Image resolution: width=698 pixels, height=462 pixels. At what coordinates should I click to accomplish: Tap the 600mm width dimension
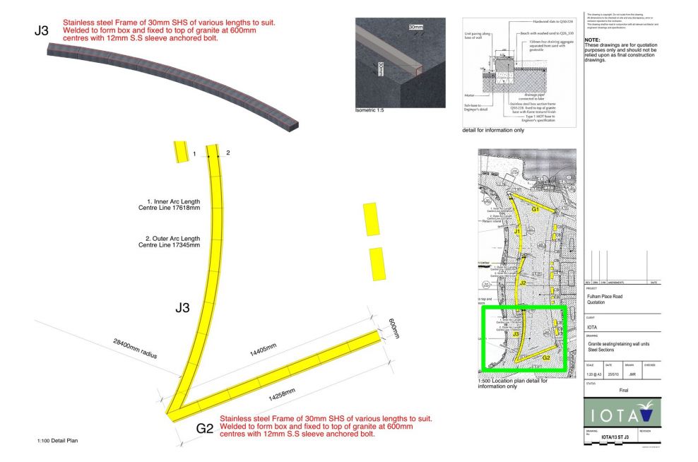(394, 327)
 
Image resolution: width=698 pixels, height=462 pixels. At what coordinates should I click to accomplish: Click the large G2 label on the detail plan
(205, 427)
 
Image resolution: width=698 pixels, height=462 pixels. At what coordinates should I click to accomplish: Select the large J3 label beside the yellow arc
(182, 308)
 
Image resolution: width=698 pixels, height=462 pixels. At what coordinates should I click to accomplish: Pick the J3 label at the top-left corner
(42, 30)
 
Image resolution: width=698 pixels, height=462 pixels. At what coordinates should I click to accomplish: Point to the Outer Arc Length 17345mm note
(169, 242)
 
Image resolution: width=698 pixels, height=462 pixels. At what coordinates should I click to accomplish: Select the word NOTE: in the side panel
(593, 40)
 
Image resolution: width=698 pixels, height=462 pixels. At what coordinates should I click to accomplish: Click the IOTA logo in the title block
(621, 413)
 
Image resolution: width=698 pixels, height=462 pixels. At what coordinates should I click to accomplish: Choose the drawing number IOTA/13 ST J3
(616, 438)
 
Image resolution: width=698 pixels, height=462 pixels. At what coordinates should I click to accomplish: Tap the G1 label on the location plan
(535, 210)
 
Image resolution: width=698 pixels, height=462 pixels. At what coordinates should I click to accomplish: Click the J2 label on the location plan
(523, 283)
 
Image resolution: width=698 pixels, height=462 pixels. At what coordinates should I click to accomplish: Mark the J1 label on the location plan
(517, 232)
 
